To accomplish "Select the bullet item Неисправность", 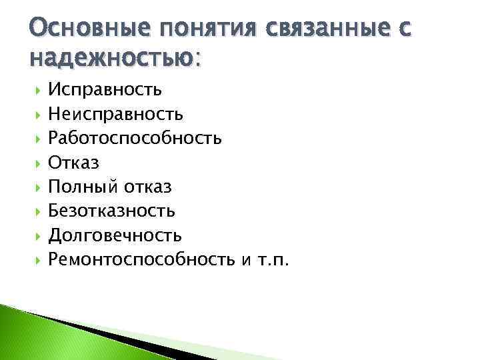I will point(116,115).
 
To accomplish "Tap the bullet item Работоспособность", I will point(135,139).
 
